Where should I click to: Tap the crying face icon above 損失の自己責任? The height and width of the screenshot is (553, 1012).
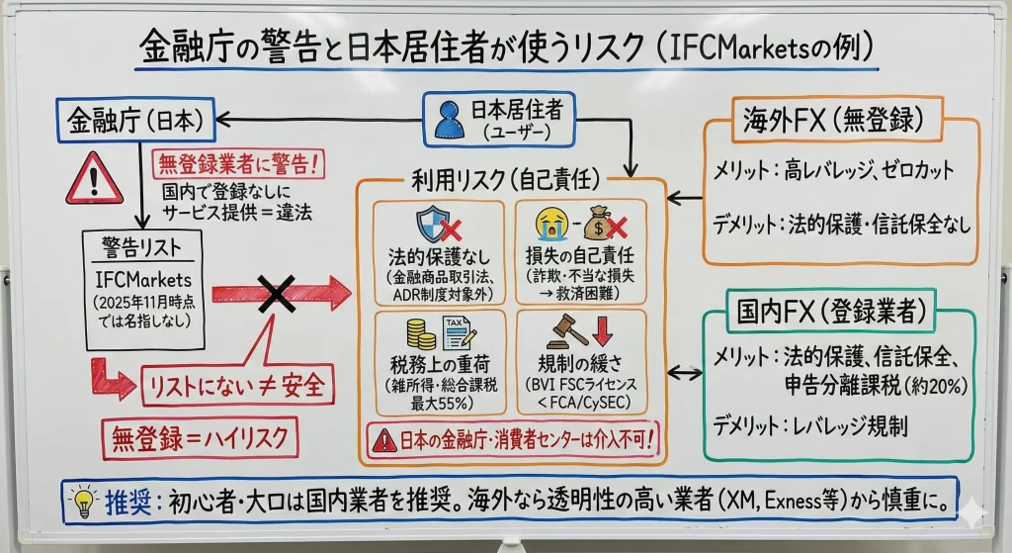pyautogui.click(x=548, y=224)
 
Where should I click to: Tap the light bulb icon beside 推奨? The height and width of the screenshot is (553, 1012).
pyautogui.click(x=85, y=499)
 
